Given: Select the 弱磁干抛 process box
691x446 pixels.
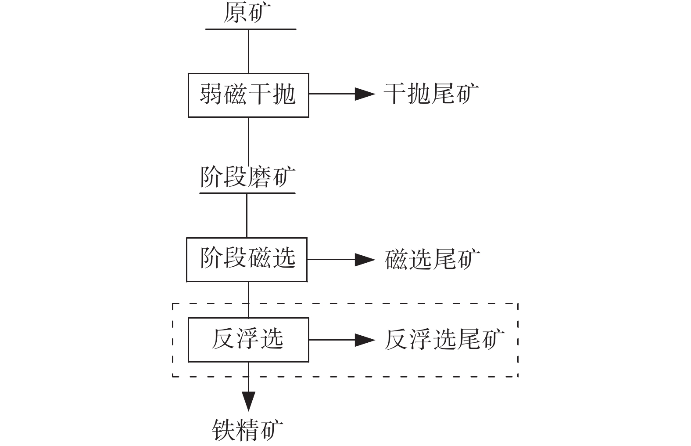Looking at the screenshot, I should coord(248,95).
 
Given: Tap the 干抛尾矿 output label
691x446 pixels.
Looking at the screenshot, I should coord(431,94).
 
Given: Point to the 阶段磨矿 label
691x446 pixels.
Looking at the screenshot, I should coord(248,177).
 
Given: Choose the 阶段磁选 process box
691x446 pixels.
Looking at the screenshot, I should coord(247,259).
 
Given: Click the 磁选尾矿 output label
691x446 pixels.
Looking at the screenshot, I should coord(432,259).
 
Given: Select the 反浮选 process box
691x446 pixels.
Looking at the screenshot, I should coord(248,340).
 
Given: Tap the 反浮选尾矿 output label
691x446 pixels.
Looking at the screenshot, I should coord(444,340).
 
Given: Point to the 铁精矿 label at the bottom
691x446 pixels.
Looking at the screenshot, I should coord(247,430).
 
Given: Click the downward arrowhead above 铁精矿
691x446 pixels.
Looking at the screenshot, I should coord(249,401).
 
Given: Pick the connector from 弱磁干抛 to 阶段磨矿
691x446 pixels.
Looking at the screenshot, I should coord(249,141).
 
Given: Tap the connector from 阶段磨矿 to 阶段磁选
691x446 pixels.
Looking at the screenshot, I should coord(247,215).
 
